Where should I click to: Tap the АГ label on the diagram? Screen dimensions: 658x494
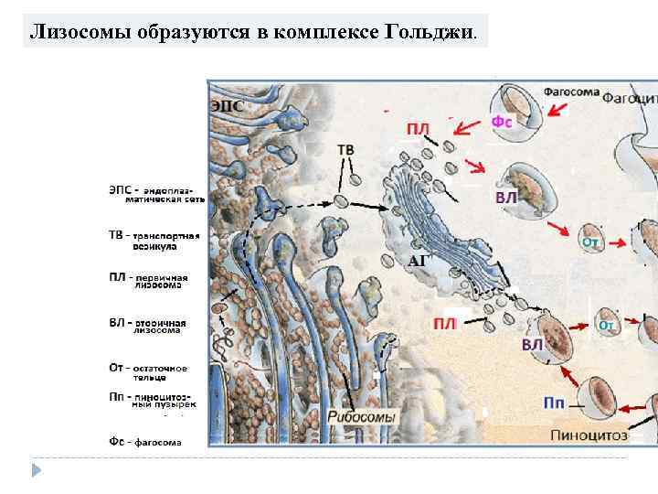(x=419, y=261)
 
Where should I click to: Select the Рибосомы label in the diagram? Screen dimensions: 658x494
(x=363, y=417)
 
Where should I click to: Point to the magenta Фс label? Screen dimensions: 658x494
(x=501, y=121)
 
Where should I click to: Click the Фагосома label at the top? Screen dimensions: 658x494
(x=571, y=91)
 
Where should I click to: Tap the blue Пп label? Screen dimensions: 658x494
(x=554, y=403)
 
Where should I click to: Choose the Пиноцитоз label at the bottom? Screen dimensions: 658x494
(x=589, y=435)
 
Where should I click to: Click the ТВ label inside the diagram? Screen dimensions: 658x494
(x=346, y=149)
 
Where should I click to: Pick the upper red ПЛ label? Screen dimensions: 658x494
(x=418, y=129)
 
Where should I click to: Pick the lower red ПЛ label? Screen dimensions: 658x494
(x=445, y=323)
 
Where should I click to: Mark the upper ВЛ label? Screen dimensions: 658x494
(x=505, y=198)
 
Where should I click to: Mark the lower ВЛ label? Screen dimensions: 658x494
(x=532, y=345)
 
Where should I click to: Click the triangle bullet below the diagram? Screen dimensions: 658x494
(x=37, y=470)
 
